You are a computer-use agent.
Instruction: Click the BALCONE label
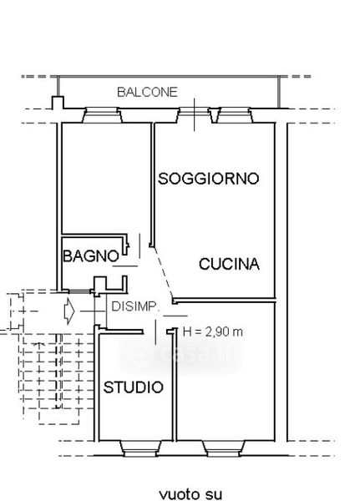click(x=147, y=92)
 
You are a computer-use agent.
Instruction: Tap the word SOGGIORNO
click(x=209, y=179)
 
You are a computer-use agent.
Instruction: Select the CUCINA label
click(x=229, y=264)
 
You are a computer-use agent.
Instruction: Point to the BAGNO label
click(x=91, y=256)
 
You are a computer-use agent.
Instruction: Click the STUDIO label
click(x=134, y=387)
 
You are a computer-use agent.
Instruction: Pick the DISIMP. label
click(x=134, y=306)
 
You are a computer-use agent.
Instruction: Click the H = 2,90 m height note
click(x=213, y=332)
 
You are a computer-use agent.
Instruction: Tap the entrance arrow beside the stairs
click(x=69, y=311)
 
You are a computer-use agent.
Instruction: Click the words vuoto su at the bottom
click(x=190, y=494)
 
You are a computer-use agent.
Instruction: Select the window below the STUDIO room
click(x=140, y=448)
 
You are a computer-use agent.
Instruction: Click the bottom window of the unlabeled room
click(x=224, y=448)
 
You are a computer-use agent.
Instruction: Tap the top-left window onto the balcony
click(x=102, y=115)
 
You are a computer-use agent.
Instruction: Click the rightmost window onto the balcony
click(x=235, y=115)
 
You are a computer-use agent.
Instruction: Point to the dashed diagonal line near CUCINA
click(x=162, y=272)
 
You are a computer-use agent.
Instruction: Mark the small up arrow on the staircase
click(x=38, y=345)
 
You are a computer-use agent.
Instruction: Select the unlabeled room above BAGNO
click(x=106, y=178)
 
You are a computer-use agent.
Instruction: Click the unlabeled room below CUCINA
click(x=226, y=371)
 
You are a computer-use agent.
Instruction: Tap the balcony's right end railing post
click(x=279, y=92)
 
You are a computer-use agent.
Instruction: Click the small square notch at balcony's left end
click(x=58, y=102)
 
